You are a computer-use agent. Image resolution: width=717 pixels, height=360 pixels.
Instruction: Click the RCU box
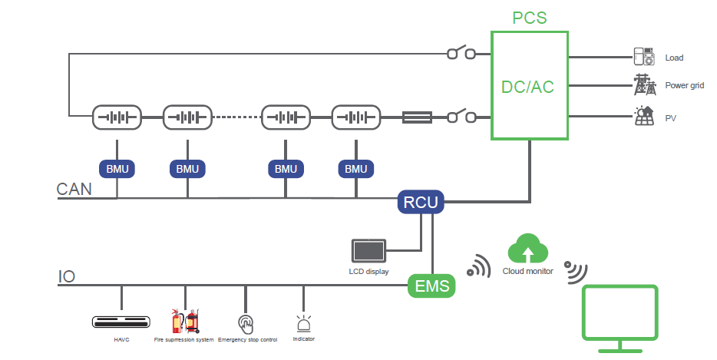[x=421, y=203]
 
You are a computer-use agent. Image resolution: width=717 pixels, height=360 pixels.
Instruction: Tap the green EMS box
[x=431, y=287]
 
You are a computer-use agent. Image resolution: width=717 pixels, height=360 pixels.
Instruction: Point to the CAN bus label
[x=74, y=189]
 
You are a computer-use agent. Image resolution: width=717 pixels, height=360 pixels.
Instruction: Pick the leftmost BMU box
[x=117, y=168]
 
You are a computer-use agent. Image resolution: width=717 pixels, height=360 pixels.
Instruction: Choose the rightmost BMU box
[x=355, y=168]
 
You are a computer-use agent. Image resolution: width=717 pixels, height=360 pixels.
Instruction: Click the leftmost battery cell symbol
[x=117, y=117]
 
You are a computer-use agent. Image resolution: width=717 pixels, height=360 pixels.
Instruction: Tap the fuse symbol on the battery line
[x=417, y=117]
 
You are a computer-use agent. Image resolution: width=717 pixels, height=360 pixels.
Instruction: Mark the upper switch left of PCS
[x=461, y=54]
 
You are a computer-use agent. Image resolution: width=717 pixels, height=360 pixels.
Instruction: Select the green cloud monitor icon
[x=528, y=249]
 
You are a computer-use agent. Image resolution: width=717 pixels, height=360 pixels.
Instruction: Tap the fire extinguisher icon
[x=184, y=321]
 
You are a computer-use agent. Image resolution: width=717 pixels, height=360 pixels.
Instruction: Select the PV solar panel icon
[x=643, y=117]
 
